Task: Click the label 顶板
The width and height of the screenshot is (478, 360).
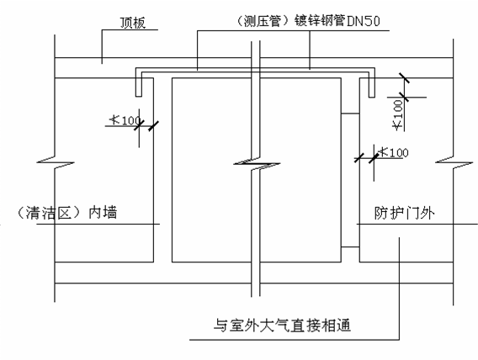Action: point(133,23)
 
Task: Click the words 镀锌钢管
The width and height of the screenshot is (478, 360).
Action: point(320,21)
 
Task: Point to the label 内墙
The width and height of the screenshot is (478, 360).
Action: point(103,212)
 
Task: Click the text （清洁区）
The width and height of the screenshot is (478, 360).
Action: point(50,213)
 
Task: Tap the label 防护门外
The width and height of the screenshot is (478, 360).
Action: point(404,213)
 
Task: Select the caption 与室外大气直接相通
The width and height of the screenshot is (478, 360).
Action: point(282,326)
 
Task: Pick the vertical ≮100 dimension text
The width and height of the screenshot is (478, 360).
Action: point(398,115)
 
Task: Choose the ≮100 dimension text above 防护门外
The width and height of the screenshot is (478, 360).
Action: point(393,152)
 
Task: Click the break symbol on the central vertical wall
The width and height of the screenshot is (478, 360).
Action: point(257,163)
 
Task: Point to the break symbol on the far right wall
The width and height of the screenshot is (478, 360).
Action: point(454,162)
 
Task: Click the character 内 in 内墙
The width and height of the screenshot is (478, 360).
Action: point(95,213)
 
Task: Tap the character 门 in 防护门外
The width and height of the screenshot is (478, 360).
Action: point(412,213)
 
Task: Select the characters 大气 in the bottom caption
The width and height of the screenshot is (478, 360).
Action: point(274,326)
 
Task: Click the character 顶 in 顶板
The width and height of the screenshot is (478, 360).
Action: point(126,23)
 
